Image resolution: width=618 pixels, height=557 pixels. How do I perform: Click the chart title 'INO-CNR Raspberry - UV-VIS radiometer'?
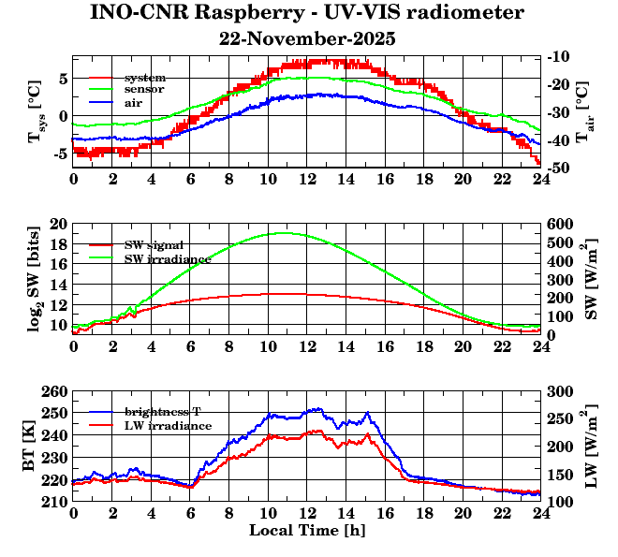pyautogui.click(x=307, y=13)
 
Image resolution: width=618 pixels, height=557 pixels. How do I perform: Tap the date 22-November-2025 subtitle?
pyautogui.click(x=307, y=39)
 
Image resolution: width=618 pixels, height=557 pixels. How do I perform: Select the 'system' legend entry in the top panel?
pyautogui.click(x=144, y=77)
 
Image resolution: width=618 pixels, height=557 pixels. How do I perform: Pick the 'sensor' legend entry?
pyautogui.click(x=144, y=89)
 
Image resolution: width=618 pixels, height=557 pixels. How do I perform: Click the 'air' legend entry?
pyautogui.click(x=133, y=101)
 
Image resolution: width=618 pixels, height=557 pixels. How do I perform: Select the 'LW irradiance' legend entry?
pyautogui.click(x=168, y=425)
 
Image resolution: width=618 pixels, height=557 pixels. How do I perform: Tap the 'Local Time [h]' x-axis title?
pyautogui.click(x=307, y=531)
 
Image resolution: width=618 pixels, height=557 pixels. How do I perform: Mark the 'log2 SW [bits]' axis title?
pyautogui.click(x=36, y=279)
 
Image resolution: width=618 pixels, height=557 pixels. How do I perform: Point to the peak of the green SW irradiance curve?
pyautogui.click(x=284, y=233)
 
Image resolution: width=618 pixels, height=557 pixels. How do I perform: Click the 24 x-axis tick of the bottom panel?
pyautogui.click(x=541, y=513)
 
